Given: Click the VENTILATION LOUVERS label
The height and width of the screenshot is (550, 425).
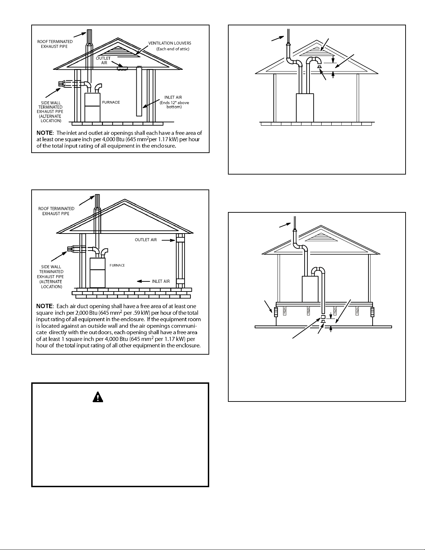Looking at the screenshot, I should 170,43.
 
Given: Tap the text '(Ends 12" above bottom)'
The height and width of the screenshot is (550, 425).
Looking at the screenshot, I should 174,104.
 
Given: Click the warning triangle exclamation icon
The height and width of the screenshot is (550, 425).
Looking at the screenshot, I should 97,397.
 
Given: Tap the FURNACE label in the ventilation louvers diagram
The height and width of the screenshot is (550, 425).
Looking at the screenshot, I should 111,102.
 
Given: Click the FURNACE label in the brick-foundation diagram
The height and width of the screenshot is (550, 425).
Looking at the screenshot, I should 117,265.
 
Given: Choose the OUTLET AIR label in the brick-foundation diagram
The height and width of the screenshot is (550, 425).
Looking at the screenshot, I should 146,240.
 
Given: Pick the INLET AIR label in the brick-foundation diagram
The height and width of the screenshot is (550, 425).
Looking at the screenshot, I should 161,281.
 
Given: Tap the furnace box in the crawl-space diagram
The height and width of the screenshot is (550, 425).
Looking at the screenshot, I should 310,289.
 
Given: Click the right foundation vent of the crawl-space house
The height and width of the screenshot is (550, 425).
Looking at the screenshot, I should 372,312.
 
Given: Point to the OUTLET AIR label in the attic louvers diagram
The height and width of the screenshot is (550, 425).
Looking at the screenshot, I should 103,61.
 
